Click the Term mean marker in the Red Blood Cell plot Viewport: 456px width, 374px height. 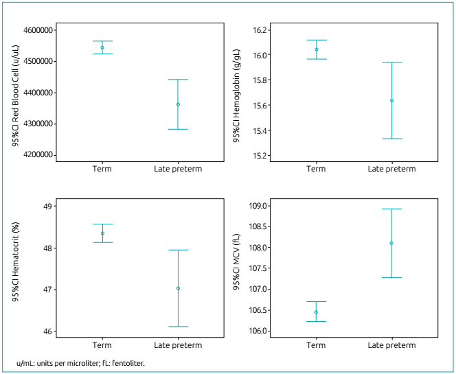click(x=102, y=47)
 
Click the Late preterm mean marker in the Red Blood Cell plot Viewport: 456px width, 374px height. click(x=178, y=104)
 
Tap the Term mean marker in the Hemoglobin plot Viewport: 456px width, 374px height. click(x=316, y=49)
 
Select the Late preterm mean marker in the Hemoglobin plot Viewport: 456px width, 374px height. click(x=391, y=100)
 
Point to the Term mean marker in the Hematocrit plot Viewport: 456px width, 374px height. click(x=102, y=233)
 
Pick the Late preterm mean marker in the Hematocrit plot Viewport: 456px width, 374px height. click(x=178, y=288)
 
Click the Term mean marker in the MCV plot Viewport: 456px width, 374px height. click(x=316, y=312)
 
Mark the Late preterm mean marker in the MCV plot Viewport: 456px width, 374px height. click(x=391, y=243)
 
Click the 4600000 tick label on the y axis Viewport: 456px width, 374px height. click(x=40, y=30)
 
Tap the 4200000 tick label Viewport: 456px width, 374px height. click(x=40, y=155)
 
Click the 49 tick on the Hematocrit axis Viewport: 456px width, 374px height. click(x=47, y=207)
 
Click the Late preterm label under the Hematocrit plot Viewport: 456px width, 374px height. click(x=178, y=344)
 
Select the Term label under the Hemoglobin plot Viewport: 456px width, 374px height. click(x=316, y=169)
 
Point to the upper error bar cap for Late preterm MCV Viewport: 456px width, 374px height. click(x=391, y=209)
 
